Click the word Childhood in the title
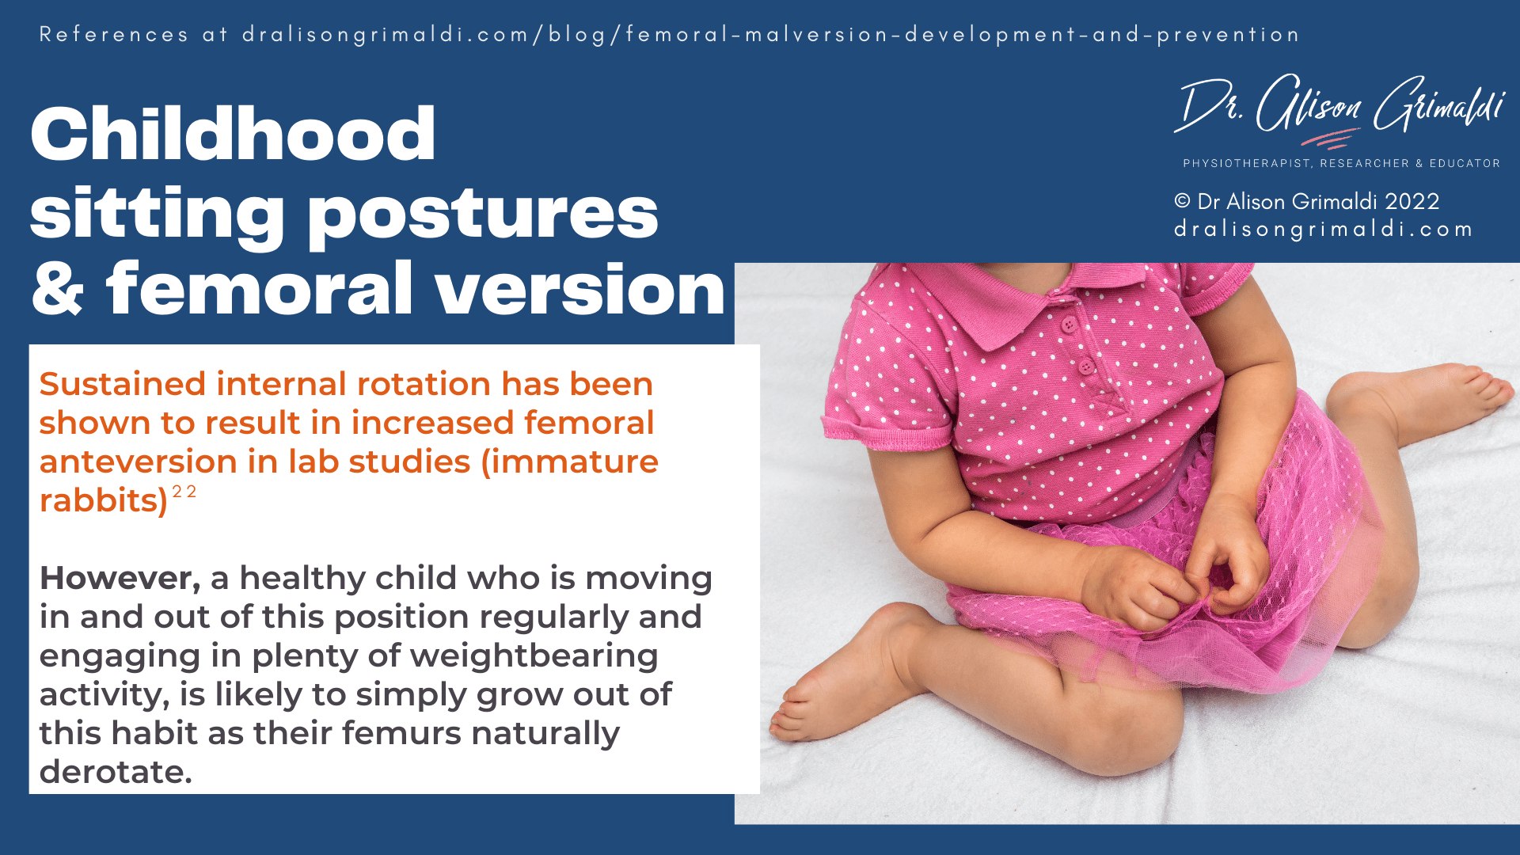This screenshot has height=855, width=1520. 233,135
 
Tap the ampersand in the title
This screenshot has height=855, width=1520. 57,290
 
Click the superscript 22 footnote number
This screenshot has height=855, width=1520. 184,492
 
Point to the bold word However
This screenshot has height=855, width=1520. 120,578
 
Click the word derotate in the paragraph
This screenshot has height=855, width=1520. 116,772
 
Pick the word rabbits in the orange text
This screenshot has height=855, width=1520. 103,501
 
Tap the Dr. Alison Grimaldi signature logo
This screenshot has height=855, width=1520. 1338,107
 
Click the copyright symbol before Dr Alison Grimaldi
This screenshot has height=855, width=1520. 1182,201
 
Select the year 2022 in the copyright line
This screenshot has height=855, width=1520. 1412,202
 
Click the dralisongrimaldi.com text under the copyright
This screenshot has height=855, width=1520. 1323,230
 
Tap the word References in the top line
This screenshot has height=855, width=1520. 114,35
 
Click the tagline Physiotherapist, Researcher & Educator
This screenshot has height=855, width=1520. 1341,163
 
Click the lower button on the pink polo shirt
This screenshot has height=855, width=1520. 1086,366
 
